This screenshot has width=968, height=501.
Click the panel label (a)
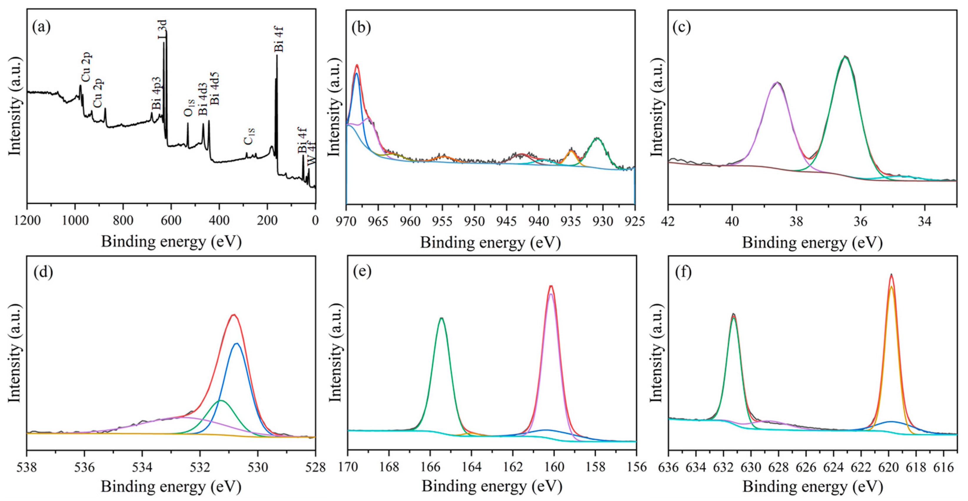[x=41, y=27]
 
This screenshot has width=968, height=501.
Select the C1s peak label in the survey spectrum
[x=249, y=136]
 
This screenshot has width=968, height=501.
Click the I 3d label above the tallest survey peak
[x=162, y=30]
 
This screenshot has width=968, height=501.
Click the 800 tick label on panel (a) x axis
[x=123, y=220]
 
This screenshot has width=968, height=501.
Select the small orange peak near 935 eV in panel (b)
[x=571, y=151]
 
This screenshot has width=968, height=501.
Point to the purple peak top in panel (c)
[x=777, y=82]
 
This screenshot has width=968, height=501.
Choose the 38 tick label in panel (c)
[x=796, y=221]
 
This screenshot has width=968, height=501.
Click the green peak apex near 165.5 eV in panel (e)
[x=442, y=318]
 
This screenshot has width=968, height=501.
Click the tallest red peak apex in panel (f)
[x=891, y=275]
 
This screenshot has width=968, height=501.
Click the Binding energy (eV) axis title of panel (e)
[x=492, y=486]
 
